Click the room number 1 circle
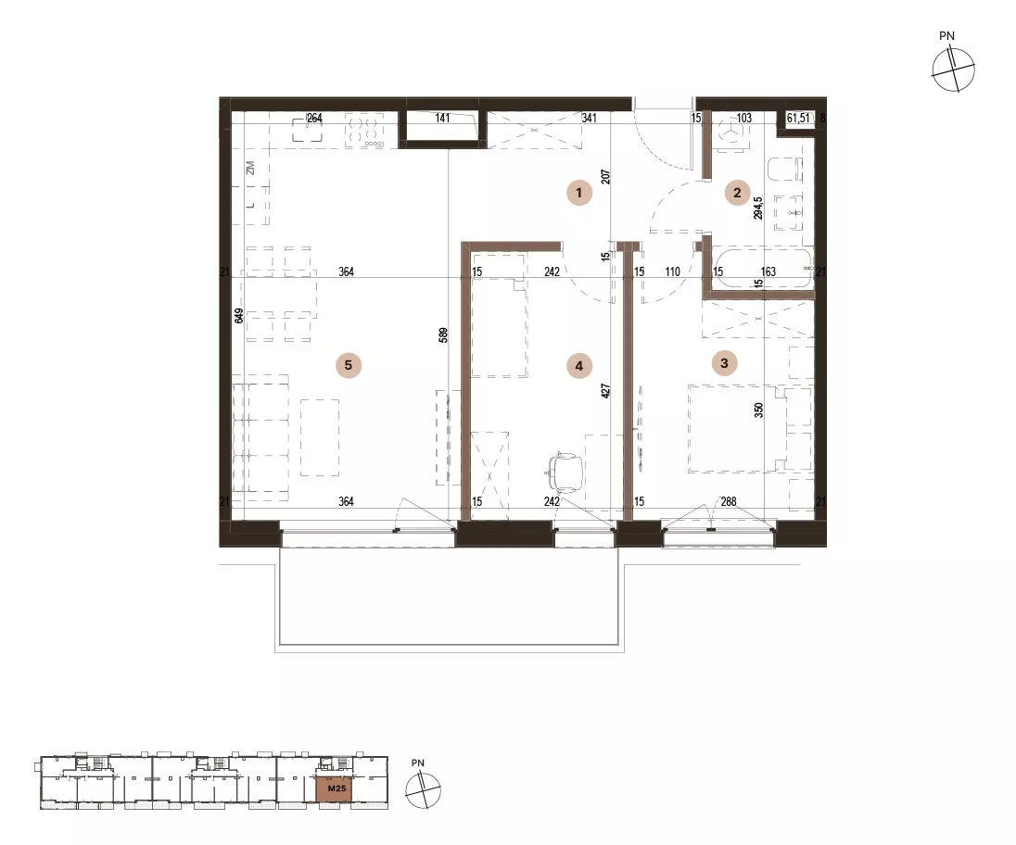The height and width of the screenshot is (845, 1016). (x=578, y=193)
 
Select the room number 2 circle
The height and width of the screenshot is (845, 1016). (x=737, y=193)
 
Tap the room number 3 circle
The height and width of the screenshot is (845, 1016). (x=724, y=363)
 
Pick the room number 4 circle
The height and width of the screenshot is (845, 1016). (x=578, y=366)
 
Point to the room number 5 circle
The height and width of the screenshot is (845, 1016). (x=348, y=365)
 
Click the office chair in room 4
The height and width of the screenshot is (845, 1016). (x=565, y=473)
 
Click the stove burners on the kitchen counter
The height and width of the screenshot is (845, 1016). (x=365, y=130)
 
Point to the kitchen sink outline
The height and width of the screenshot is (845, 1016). (x=309, y=128)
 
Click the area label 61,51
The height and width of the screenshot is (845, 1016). (x=797, y=118)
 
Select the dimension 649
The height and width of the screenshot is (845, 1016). (x=239, y=315)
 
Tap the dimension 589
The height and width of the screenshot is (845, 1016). (x=443, y=335)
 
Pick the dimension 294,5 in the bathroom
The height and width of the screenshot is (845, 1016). (x=758, y=208)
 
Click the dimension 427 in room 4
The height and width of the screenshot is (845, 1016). (x=606, y=390)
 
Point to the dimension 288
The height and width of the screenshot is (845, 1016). (x=729, y=501)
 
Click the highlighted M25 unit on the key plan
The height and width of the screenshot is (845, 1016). (x=336, y=788)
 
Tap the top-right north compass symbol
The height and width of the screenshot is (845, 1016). (x=953, y=69)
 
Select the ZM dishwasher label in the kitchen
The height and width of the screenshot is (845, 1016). (x=250, y=168)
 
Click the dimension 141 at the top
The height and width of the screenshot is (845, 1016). (x=442, y=118)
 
